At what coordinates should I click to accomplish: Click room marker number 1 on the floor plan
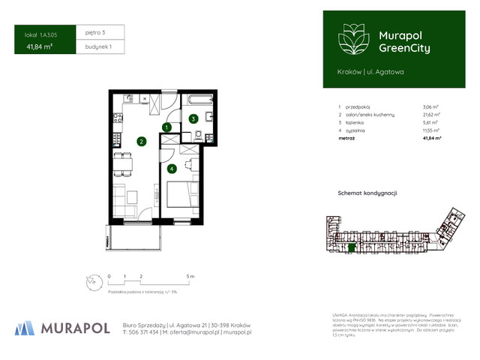point(166,128)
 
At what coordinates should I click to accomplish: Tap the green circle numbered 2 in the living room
point(141,140)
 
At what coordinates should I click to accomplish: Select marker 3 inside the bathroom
point(193,118)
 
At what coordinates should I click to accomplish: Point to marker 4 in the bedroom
point(172,169)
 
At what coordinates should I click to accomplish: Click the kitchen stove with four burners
point(117,118)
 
